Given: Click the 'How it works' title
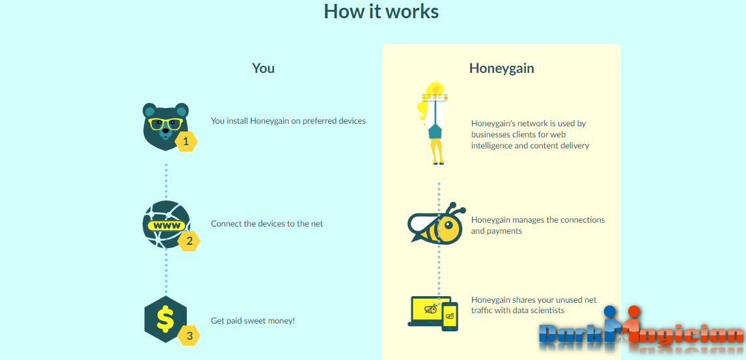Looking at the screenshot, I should point(381,11).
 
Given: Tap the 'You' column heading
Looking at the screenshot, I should point(263,68).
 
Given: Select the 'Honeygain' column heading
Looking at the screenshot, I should point(501,68).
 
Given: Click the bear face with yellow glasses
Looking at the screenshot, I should point(165,124).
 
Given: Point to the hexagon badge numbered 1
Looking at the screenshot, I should point(186,141).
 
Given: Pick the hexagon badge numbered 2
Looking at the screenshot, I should point(189,242).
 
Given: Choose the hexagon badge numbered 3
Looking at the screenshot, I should point(189,336).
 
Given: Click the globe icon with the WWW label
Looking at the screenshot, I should point(165,224).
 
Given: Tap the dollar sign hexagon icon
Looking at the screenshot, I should point(165,319).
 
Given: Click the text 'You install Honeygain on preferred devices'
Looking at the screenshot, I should point(288,120).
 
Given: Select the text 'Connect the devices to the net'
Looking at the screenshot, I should point(267,223).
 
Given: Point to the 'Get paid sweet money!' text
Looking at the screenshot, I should point(253,320).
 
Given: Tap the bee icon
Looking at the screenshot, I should point(437,224).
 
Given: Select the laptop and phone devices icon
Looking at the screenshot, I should point(433,312).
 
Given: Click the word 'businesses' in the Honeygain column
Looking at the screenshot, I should point(491,134).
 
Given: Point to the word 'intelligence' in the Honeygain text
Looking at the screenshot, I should point(493,145).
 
